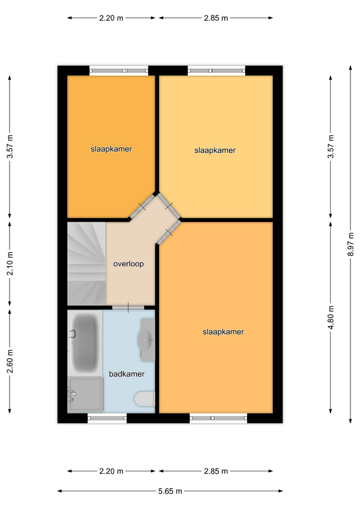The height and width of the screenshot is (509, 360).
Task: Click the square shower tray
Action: pyautogui.click(x=85, y=394)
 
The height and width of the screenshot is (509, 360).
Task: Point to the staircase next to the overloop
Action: pyautogui.click(x=86, y=264)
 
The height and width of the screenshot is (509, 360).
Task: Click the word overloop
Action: pyautogui.click(x=128, y=264)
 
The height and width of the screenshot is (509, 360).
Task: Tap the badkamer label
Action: pyautogui.click(x=127, y=374)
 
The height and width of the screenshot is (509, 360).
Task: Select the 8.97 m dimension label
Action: pyautogui.click(x=350, y=244)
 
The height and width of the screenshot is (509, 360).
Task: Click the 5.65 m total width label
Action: pyautogui.click(x=170, y=491)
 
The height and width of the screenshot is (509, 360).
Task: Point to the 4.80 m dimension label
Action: pyautogui.click(x=331, y=317)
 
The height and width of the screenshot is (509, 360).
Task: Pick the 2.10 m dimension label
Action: pyautogui.click(x=10, y=264)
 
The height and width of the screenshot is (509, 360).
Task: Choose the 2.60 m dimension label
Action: pyautogui.click(x=10, y=361)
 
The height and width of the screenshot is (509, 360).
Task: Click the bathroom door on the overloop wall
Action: pyautogui.click(x=128, y=308)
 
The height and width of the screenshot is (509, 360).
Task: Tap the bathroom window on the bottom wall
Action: pyautogui.click(x=107, y=418)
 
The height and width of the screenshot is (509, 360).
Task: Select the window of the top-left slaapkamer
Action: pyautogui.click(x=119, y=71)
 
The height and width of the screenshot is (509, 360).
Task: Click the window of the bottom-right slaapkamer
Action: pyautogui.click(x=218, y=418)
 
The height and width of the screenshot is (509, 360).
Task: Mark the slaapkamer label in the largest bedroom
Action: pyautogui.click(x=223, y=332)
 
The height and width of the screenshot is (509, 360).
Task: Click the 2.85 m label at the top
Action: pyautogui.click(x=216, y=18)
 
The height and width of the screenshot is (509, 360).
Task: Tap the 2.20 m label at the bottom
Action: pyautogui.click(x=111, y=471)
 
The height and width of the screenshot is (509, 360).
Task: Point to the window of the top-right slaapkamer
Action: pyautogui.click(x=216, y=71)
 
